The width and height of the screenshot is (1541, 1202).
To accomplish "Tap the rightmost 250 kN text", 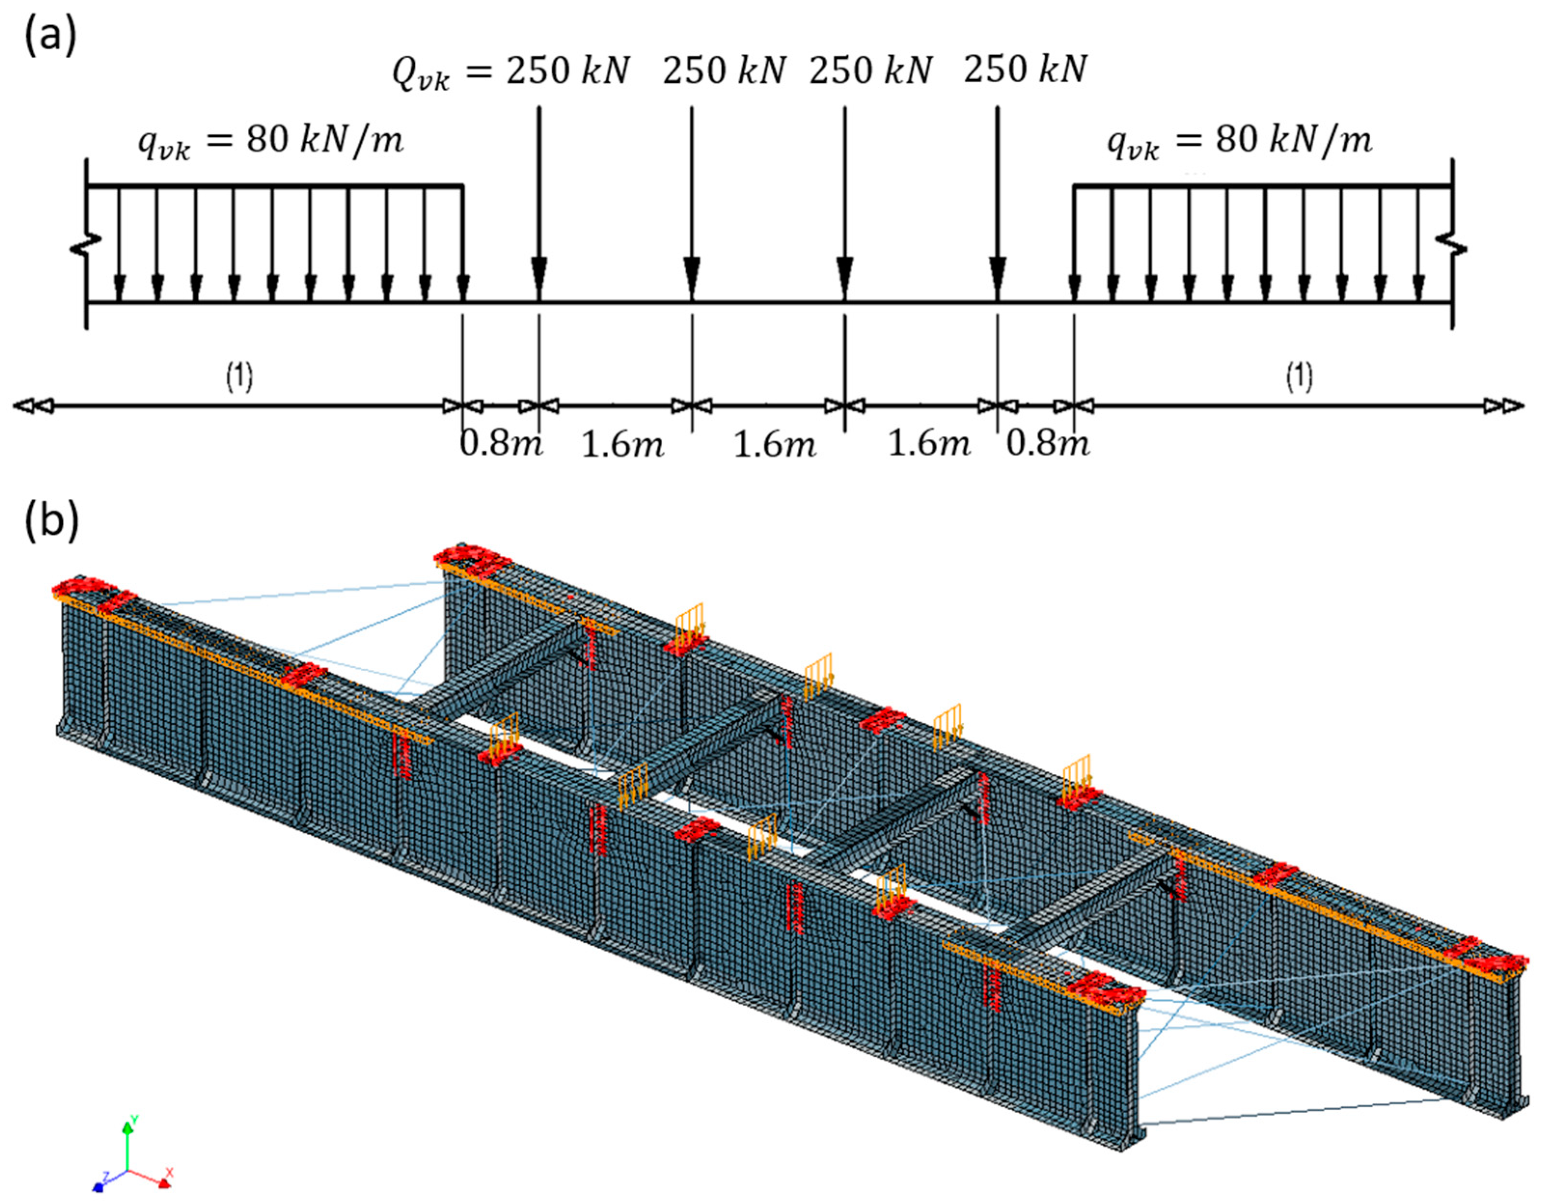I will pyautogui.click(x=1024, y=70).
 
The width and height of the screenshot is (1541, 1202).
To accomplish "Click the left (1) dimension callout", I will pyautogui.click(x=239, y=378).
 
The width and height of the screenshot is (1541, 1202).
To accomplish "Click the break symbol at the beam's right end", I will pyautogui.click(x=1453, y=249).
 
